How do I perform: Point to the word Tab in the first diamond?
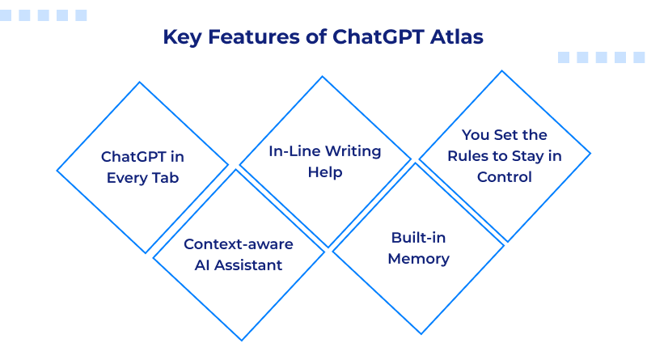click(162, 177)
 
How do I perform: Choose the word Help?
click(325, 172)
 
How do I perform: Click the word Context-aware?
click(239, 244)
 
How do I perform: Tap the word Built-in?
click(418, 238)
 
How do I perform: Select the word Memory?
click(418, 259)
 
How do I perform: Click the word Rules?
click(473, 155)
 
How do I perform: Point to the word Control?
click(505, 176)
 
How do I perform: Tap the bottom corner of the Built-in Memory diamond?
click(419, 333)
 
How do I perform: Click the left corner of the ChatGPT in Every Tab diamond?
click(57, 170)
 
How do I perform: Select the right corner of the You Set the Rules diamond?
click(590, 153)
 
